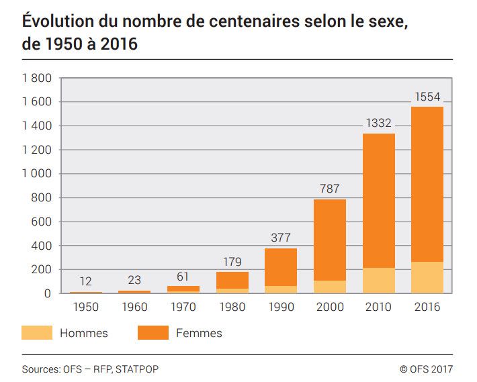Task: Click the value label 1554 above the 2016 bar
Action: coord(427,97)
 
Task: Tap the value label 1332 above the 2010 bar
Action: coord(378,124)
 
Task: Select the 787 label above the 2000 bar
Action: coord(329,189)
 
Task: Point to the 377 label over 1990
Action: coord(280,238)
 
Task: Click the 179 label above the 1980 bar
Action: coord(231,262)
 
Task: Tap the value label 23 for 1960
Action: coord(134,281)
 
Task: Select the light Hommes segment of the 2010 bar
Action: coord(378,281)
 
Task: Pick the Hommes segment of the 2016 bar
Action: coord(427,277)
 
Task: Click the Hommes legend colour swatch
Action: coord(37,332)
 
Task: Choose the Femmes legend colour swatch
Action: coord(153,332)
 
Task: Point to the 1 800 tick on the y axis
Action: coord(36,78)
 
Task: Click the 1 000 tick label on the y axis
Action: coord(36,174)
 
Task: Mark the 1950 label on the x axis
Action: coord(86,307)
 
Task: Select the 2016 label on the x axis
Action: coord(427,307)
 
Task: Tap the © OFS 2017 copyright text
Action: coord(426,369)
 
